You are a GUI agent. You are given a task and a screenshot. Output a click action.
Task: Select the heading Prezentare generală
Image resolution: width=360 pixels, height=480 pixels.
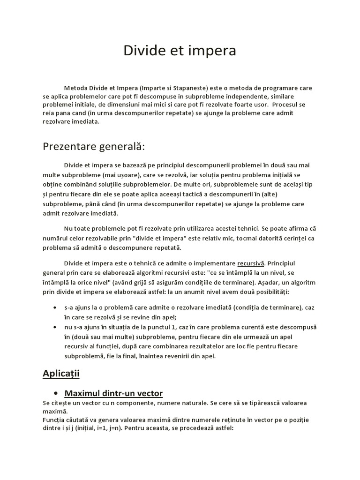tap(94, 147)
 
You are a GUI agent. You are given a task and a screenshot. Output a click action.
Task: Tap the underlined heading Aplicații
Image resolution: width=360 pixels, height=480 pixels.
tap(61, 374)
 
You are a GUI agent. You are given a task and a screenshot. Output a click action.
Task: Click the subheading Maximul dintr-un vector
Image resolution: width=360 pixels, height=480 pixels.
tap(113, 393)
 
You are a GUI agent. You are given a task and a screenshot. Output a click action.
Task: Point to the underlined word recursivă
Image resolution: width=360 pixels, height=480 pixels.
tap(251, 263)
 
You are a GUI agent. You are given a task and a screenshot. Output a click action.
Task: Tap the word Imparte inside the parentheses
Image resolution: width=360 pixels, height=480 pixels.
tap(141, 88)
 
